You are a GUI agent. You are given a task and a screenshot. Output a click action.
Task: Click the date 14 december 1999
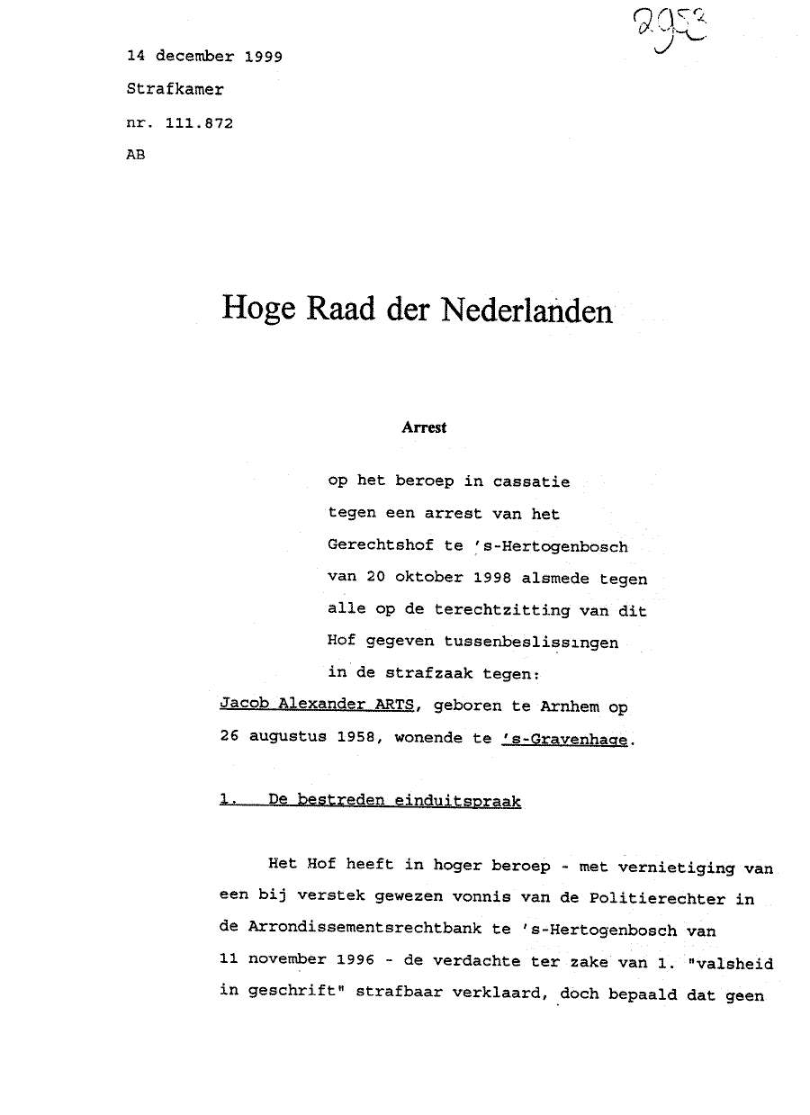tap(205, 56)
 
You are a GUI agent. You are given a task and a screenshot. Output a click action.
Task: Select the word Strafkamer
tap(175, 90)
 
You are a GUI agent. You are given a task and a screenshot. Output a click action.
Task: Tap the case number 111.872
tap(199, 123)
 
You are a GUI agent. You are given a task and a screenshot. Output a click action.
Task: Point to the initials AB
tap(137, 155)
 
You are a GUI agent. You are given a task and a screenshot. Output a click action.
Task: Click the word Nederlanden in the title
tap(526, 310)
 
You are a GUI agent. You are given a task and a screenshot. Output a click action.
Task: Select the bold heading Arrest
tap(424, 428)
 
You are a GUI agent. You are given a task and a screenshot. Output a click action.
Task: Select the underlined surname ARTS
tap(392, 706)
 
